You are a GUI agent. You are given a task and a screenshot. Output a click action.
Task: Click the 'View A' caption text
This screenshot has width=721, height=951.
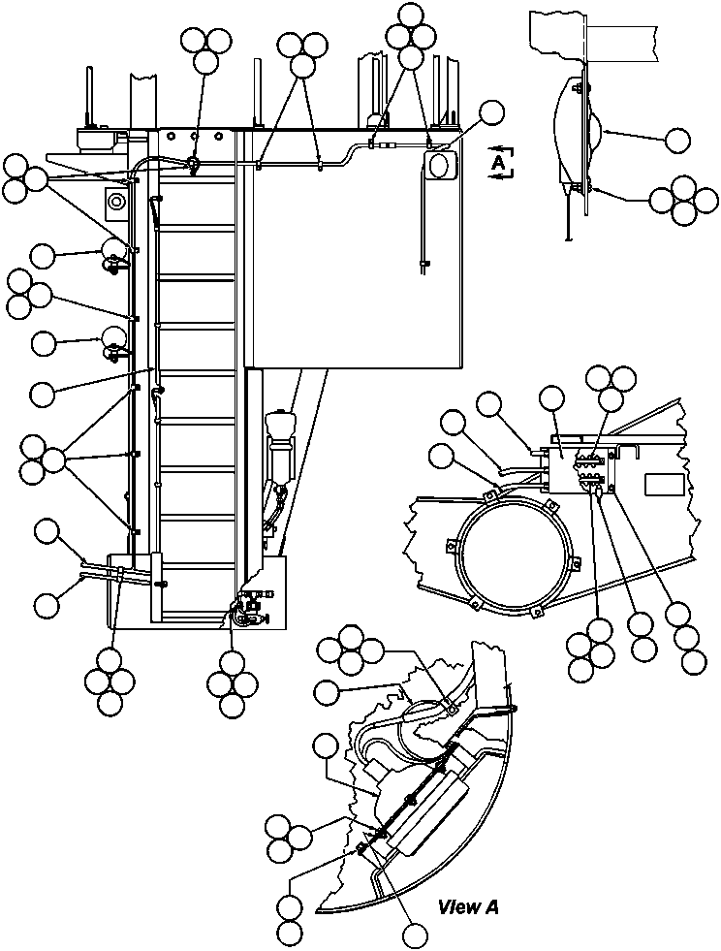click(468, 907)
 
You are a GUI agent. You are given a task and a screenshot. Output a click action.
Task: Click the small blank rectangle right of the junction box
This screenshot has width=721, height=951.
click(665, 485)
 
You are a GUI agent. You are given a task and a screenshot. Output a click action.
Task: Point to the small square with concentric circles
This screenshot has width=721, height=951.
click(116, 202)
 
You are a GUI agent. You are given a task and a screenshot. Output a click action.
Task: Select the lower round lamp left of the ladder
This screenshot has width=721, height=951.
click(113, 338)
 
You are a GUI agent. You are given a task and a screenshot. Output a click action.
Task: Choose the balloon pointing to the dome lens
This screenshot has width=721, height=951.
click(677, 140)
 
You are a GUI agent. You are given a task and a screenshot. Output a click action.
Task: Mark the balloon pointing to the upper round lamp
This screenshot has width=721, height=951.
click(43, 256)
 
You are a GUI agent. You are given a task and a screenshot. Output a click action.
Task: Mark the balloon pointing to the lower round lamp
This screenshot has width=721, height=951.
click(43, 342)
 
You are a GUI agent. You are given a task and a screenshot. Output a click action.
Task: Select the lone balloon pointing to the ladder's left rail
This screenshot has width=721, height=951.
click(43, 394)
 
